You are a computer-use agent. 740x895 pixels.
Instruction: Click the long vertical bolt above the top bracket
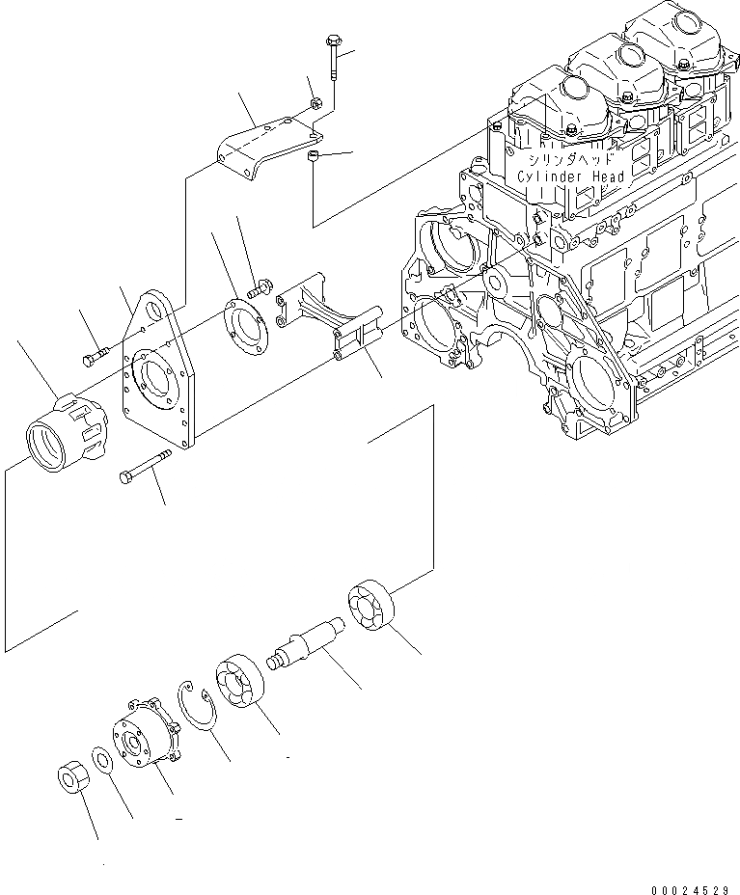(x=332, y=62)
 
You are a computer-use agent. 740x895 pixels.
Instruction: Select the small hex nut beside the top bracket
(x=314, y=102)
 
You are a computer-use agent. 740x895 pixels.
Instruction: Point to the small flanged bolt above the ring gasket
(x=258, y=286)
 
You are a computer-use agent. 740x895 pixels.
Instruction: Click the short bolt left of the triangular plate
(x=93, y=360)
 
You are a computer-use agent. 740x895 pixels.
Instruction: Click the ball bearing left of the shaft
(x=238, y=681)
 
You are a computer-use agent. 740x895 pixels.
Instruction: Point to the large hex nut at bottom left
(x=71, y=778)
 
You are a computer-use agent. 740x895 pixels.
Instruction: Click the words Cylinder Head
(x=572, y=176)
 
